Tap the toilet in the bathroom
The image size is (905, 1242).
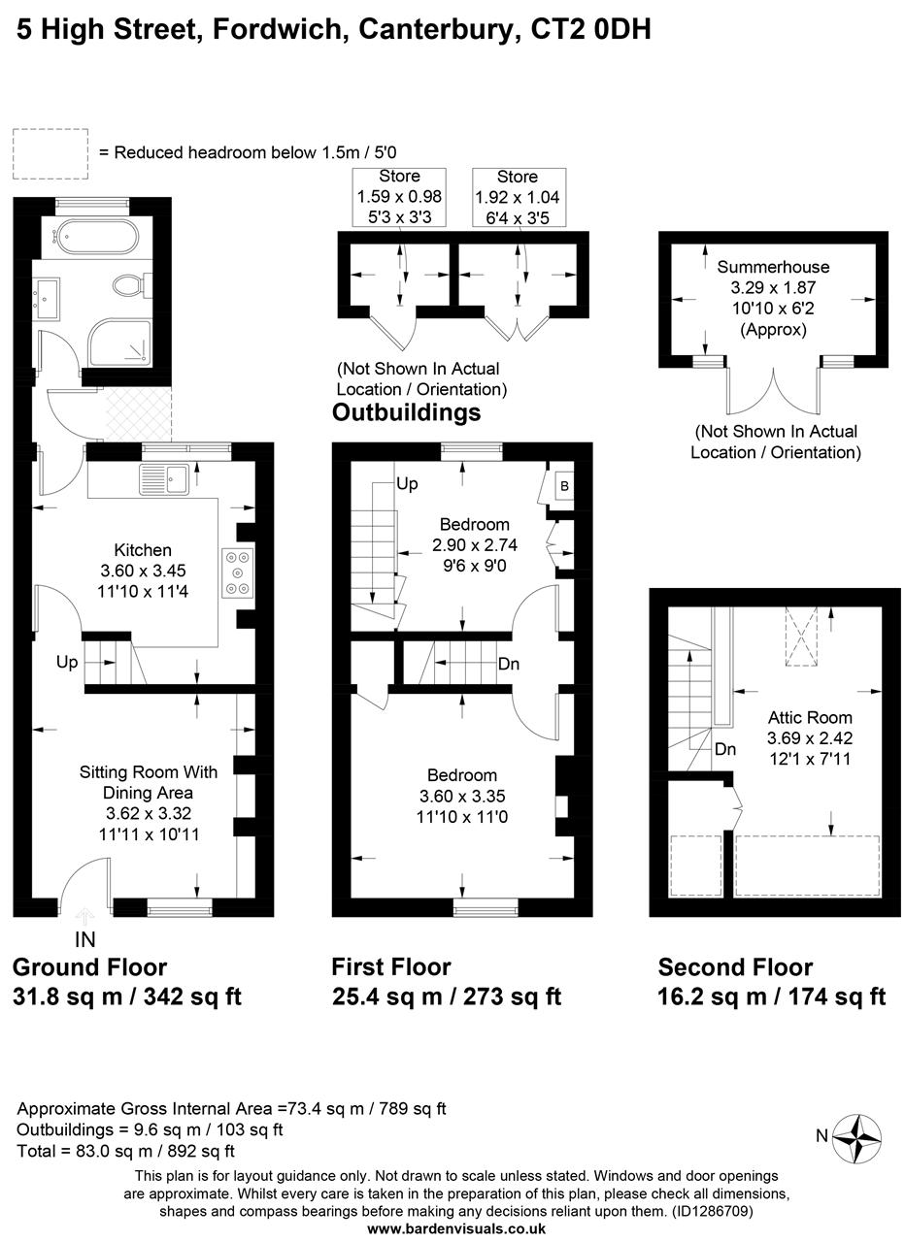click(x=127, y=285)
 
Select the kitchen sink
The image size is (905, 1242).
click(x=166, y=478)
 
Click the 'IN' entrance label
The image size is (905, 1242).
click(x=85, y=939)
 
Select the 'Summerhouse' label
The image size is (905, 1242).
click(x=773, y=267)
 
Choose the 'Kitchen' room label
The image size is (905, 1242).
click(x=143, y=550)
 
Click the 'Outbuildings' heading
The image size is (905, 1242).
click(x=406, y=412)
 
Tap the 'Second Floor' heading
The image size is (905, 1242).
click(x=735, y=967)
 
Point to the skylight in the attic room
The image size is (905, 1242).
click(x=801, y=637)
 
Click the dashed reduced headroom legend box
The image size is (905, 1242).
click(x=50, y=154)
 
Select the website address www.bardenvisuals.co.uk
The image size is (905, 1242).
click(x=456, y=1228)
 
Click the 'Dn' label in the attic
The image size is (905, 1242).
click(x=725, y=749)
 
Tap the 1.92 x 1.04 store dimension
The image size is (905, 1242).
click(x=517, y=197)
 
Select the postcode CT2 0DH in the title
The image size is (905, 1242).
click(x=590, y=30)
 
